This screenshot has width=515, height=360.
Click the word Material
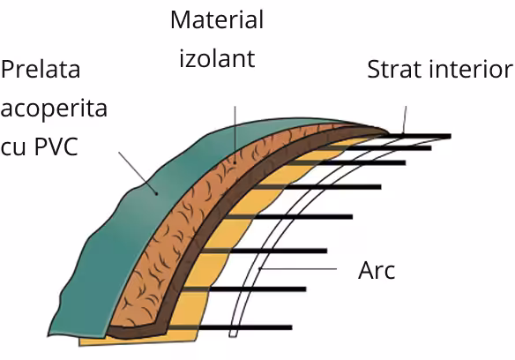point(217,19)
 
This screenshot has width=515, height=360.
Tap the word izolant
point(217,58)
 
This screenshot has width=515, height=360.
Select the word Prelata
point(41,69)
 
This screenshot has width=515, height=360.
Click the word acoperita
point(54,109)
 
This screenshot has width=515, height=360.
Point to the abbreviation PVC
point(56,146)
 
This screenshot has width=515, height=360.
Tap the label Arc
point(377,271)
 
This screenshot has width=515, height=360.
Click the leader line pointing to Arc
point(298,269)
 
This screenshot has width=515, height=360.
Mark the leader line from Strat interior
point(405,119)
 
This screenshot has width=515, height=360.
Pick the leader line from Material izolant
point(235,134)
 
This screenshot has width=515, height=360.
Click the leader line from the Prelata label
point(138,173)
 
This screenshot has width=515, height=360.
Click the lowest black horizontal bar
point(230,327)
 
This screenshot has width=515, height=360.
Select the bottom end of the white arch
point(233,336)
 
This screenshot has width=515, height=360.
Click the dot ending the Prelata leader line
point(157,193)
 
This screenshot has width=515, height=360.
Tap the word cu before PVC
point(13,148)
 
